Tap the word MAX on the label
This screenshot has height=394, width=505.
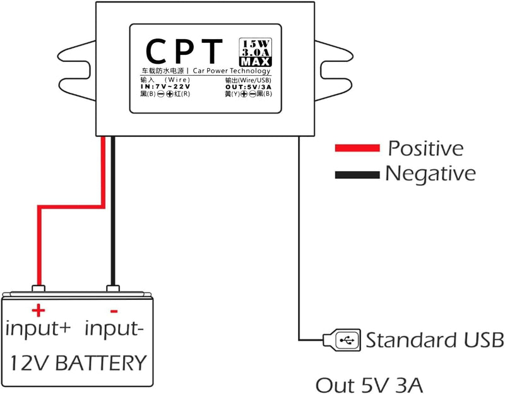[x=256, y=62]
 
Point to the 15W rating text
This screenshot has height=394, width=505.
[x=256, y=43]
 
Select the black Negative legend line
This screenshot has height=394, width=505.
[x=357, y=172]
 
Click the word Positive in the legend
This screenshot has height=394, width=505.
[x=425, y=148]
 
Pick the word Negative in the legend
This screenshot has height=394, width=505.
[x=430, y=172]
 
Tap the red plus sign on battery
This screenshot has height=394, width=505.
[x=39, y=310]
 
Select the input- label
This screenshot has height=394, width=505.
[x=119, y=328]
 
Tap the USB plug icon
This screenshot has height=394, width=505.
[x=342, y=340]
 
